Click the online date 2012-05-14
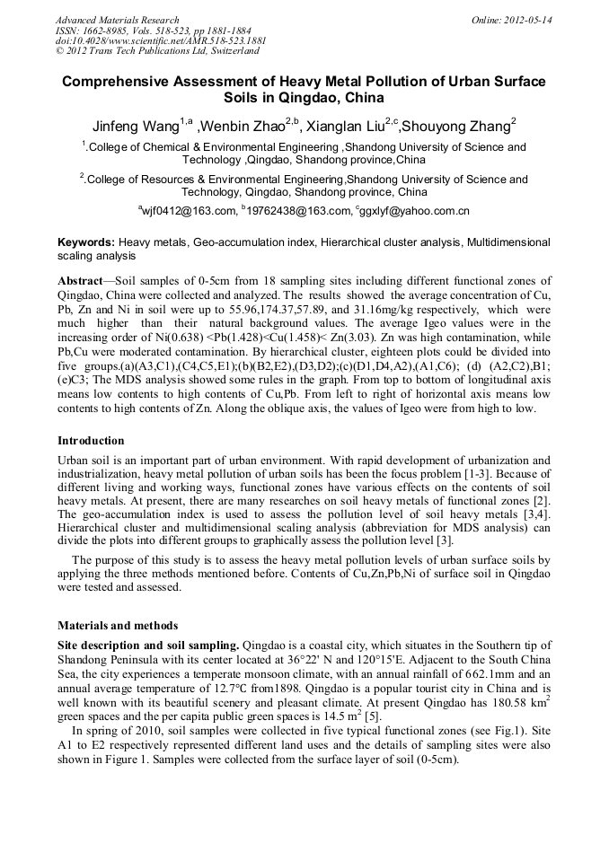(x=529, y=20)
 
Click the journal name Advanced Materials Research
(x=118, y=20)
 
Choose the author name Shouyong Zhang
(x=455, y=125)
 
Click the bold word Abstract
(x=83, y=281)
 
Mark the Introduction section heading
(x=91, y=441)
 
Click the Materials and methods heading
(x=117, y=625)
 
